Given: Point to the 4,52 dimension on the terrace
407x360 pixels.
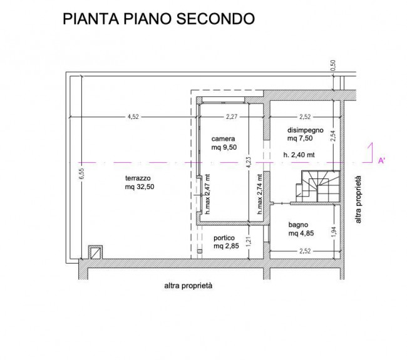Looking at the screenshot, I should click(x=133, y=116).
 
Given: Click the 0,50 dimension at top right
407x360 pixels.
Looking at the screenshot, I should click(x=333, y=65).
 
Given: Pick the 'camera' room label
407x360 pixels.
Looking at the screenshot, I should click(x=223, y=138).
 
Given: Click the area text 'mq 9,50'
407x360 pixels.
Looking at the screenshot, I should click(x=224, y=148).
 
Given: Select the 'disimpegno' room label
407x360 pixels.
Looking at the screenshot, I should click(x=305, y=130).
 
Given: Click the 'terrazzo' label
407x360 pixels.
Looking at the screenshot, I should click(x=137, y=178).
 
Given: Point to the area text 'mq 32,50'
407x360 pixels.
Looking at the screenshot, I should click(x=140, y=187).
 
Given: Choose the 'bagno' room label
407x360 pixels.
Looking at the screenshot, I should click(x=298, y=224).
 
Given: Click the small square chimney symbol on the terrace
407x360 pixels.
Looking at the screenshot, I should click(x=96, y=252).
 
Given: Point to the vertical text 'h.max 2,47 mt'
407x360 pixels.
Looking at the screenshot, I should click(x=207, y=195).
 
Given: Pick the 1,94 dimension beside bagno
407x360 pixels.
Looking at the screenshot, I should click(x=333, y=230).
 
